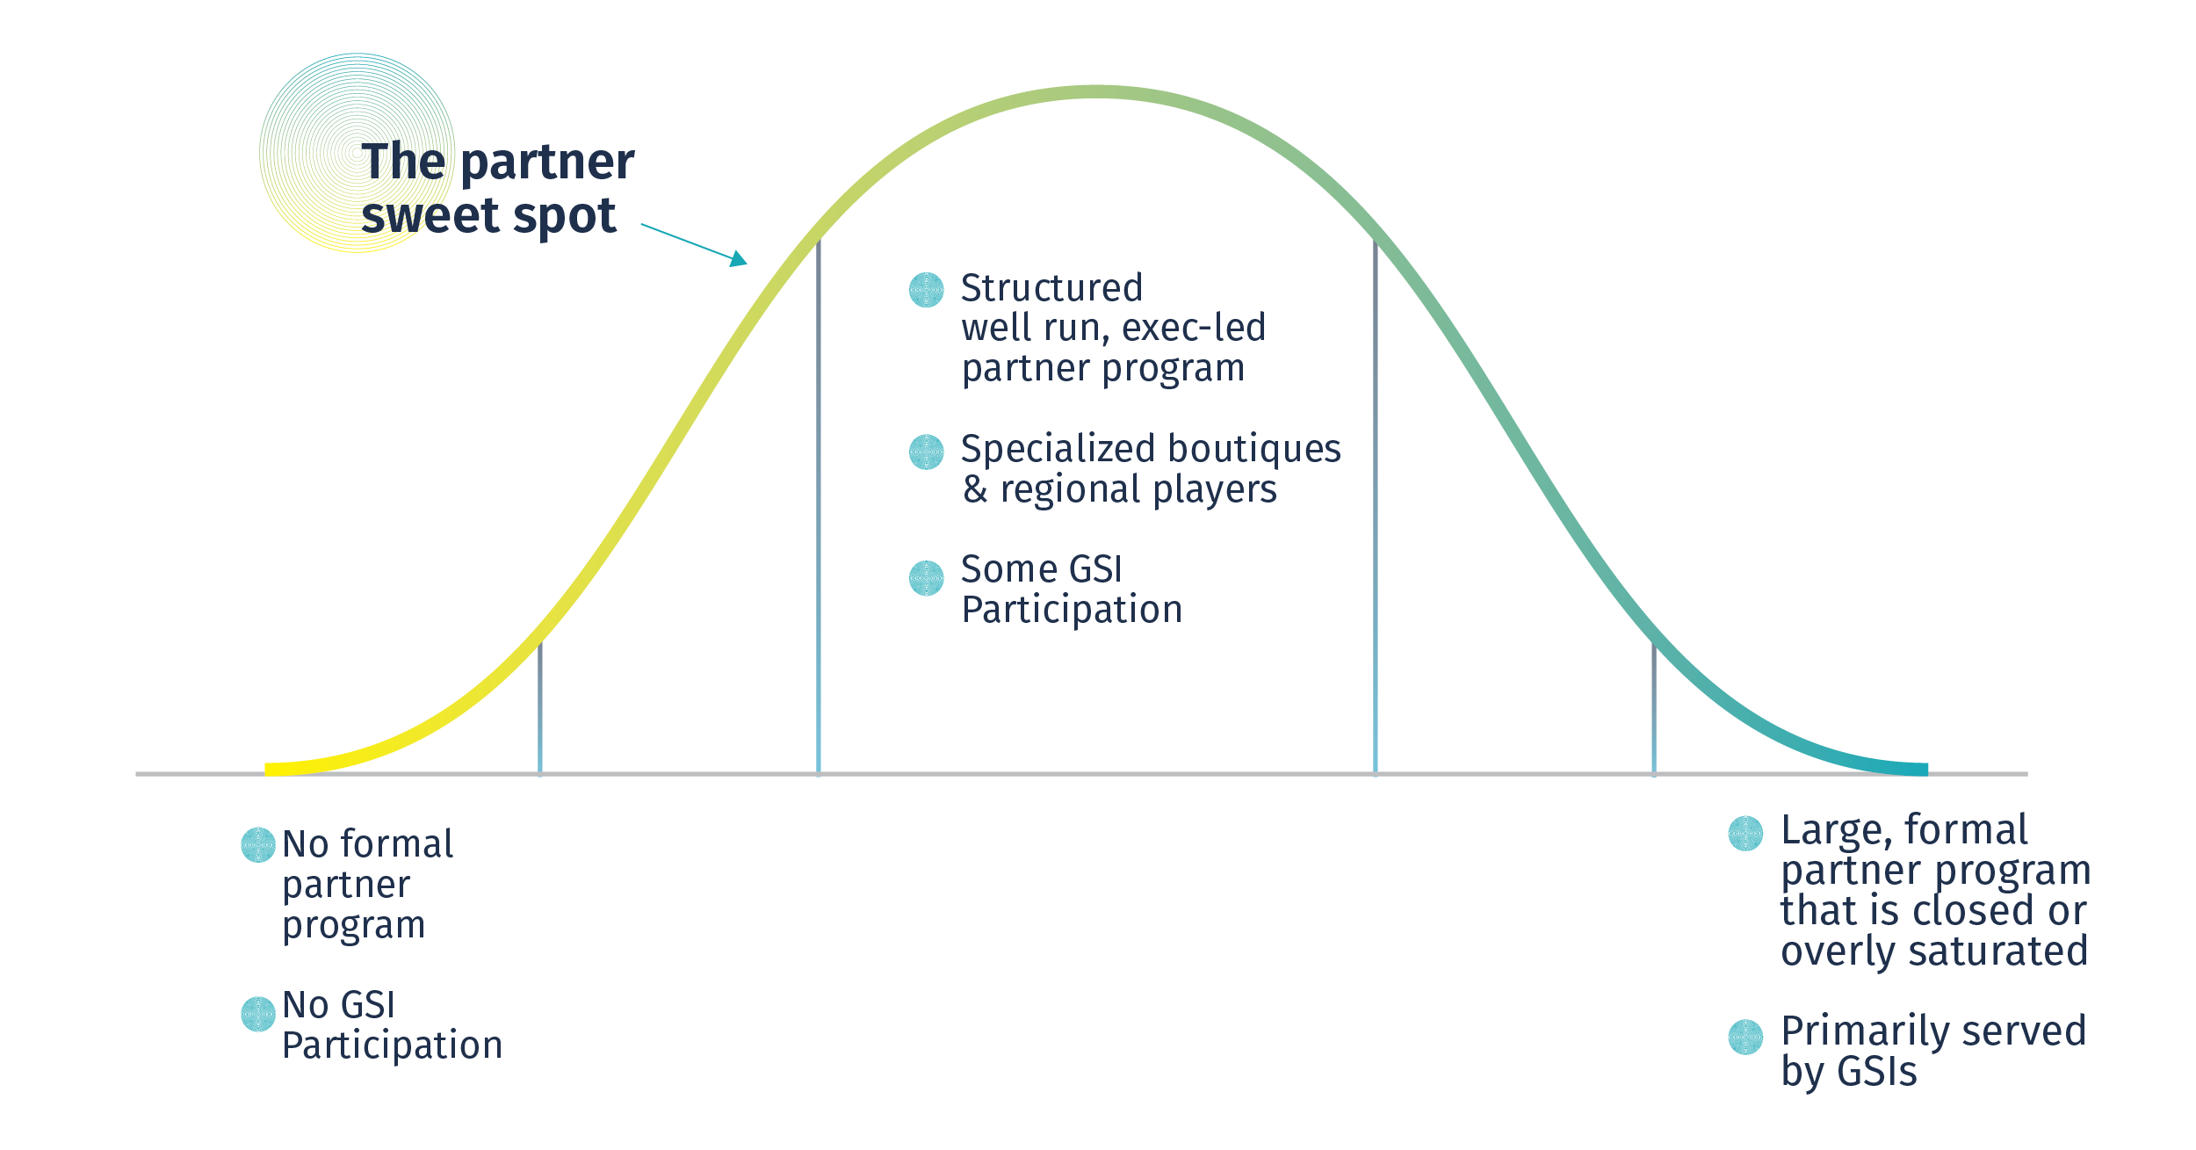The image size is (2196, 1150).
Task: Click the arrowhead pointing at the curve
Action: click(x=740, y=259)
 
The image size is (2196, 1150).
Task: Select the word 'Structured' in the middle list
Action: click(x=1051, y=288)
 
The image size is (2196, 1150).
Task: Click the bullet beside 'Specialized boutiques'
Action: click(x=926, y=452)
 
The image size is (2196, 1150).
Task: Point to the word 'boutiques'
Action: click(x=1254, y=450)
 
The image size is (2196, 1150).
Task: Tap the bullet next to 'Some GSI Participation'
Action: click(x=926, y=578)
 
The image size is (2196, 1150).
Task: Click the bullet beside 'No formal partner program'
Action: click(x=258, y=845)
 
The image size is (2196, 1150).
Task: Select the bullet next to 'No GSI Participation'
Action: click(x=258, y=1014)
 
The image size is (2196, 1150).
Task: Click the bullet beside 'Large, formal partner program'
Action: click(x=1745, y=834)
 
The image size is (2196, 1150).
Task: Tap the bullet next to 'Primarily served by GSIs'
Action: click(x=1745, y=1037)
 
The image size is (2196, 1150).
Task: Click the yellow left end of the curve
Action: click(x=267, y=770)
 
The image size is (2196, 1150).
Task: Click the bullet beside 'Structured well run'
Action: click(x=926, y=290)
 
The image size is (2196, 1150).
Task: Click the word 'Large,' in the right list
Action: click(x=1837, y=831)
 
